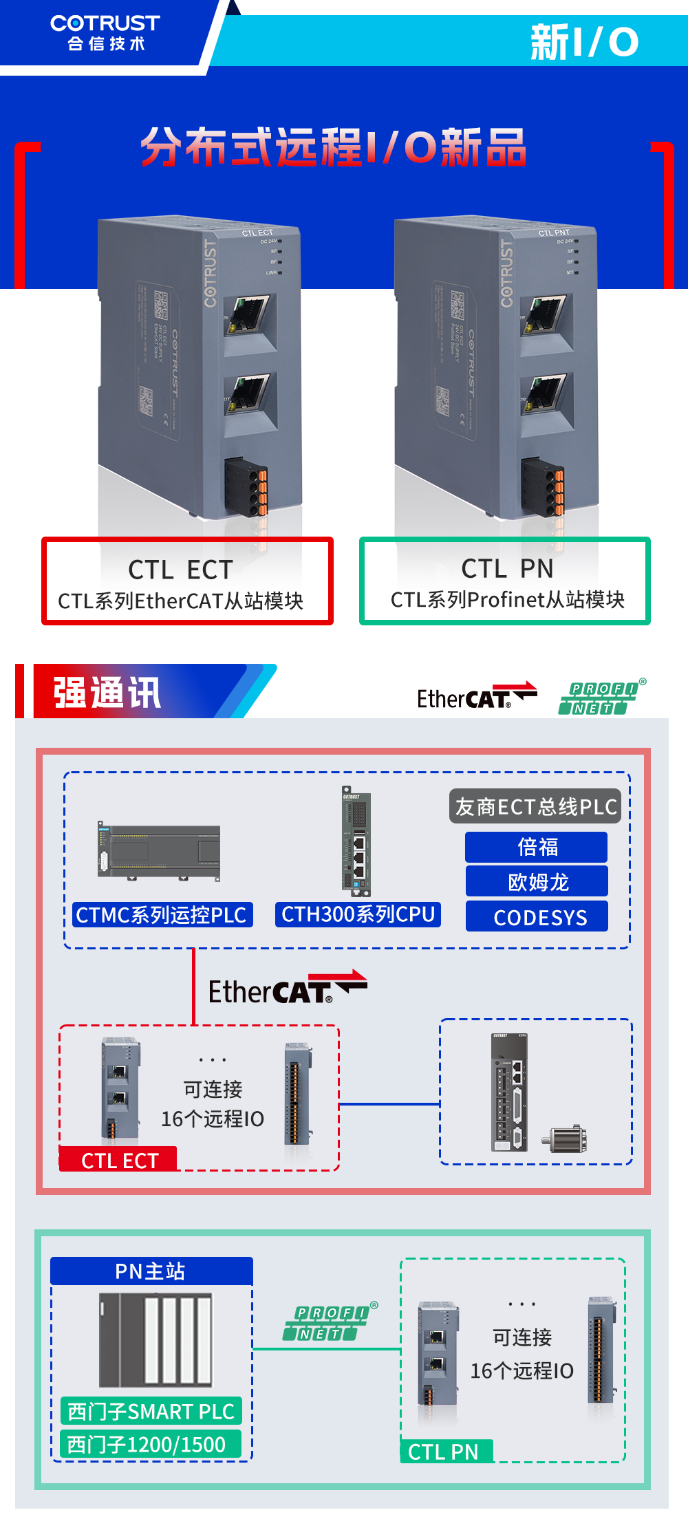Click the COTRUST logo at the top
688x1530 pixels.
point(105,32)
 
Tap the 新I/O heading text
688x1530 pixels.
point(583,42)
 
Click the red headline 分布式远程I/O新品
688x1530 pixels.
point(334,147)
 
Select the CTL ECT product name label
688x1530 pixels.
point(181,570)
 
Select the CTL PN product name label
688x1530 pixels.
point(507,568)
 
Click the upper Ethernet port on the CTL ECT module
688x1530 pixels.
point(249,314)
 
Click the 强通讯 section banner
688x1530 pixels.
point(107,692)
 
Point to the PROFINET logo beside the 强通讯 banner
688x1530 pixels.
point(601,698)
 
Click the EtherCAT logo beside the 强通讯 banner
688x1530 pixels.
point(476,696)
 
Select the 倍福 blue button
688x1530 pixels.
point(537,847)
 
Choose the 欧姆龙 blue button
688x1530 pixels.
point(537,881)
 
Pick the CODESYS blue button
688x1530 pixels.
point(537,916)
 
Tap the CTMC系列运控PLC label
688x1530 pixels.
point(162,915)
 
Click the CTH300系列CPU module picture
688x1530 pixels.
point(356,841)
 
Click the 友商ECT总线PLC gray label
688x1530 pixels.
point(535,806)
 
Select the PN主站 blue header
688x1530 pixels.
point(151,1271)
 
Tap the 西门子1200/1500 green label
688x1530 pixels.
point(147,1444)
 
